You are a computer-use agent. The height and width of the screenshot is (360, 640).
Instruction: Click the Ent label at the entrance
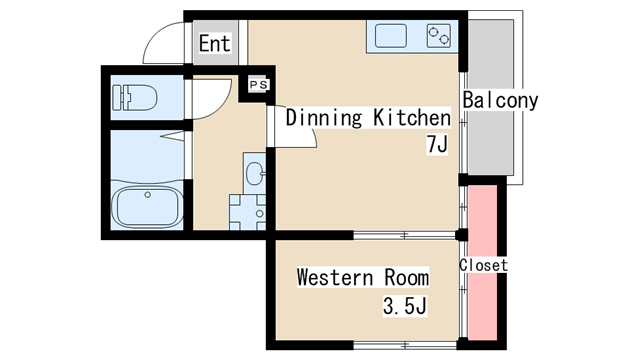tap(215, 43)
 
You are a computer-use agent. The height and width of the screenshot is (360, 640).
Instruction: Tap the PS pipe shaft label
tap(259, 84)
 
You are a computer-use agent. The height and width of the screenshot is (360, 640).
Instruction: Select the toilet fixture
tap(134, 98)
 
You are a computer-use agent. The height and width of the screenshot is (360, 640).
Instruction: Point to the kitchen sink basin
tap(391, 36)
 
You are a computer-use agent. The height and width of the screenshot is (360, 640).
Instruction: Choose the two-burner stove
tap(439, 36)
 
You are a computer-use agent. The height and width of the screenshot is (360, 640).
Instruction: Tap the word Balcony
tap(500, 100)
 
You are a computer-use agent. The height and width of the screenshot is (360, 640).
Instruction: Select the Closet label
tap(483, 265)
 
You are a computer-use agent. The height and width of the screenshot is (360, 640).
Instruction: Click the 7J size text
tap(437, 144)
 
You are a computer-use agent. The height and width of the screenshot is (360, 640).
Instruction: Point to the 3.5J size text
tap(405, 306)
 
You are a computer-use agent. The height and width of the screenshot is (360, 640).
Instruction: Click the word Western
tap(335, 278)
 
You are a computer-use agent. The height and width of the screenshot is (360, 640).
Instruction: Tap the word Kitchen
tap(412, 118)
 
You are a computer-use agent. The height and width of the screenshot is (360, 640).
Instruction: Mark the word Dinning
tap(324, 118)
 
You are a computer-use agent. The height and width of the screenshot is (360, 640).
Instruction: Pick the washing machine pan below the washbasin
tap(247, 213)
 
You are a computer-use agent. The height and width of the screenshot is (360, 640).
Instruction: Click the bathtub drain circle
tap(148, 195)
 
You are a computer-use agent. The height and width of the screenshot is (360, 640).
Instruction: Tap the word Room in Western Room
tap(407, 278)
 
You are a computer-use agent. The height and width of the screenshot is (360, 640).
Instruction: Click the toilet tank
tap(118, 98)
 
